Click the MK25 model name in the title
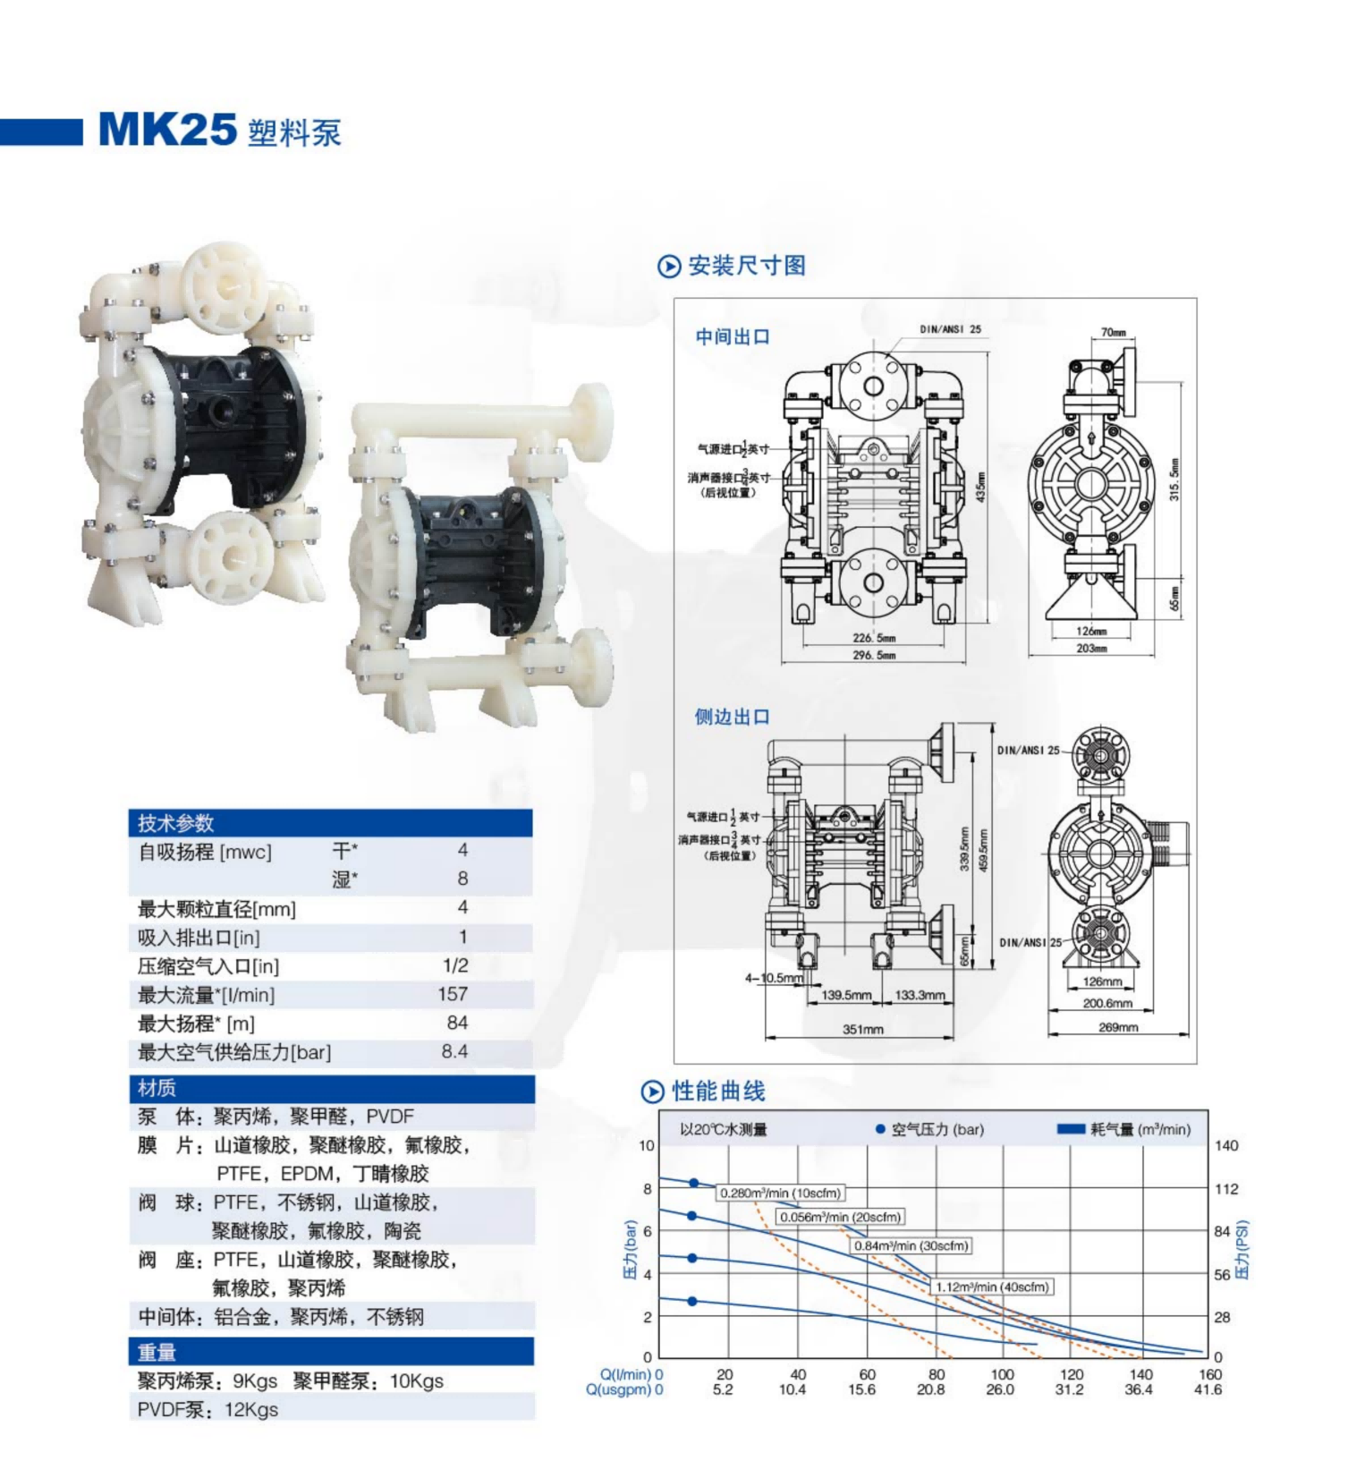[167, 131]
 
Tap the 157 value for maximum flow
[453, 994]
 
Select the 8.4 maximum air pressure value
[454, 1051]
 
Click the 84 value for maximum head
[457, 1023]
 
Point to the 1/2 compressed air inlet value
[455, 965]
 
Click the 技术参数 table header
[176, 823]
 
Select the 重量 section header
[157, 1352]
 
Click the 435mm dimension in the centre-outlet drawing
[980, 487]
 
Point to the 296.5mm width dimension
[874, 655]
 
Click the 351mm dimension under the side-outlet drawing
[862, 1030]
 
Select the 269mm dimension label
[1118, 1027]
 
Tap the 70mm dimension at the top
[1114, 332]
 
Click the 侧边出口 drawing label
[732, 717]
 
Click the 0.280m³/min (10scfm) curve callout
[780, 1193]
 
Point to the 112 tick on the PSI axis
[1226, 1188]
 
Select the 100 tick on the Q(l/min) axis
[1002, 1374]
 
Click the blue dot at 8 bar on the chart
[694, 1183]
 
